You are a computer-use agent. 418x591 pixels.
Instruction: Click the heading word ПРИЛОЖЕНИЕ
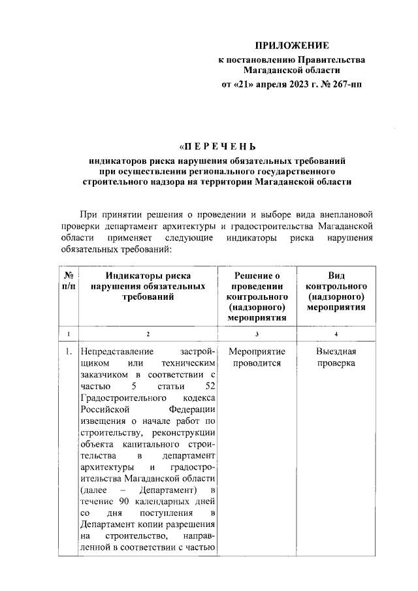pyautogui.click(x=291, y=46)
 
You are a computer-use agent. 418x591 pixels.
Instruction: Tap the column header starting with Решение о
pyautogui.click(x=257, y=296)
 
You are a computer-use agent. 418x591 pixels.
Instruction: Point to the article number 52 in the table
pyautogui.click(x=210, y=386)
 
